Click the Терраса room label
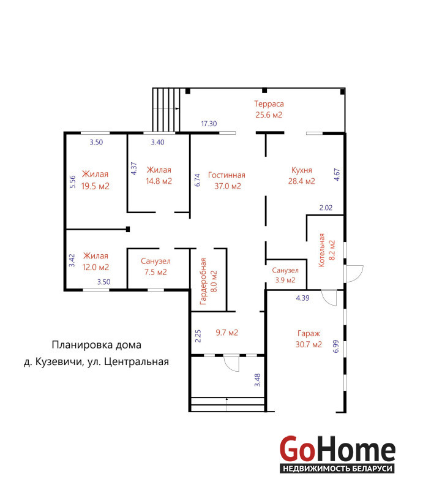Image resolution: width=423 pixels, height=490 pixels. click(269, 104)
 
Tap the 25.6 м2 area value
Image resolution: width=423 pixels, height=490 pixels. click(269, 115)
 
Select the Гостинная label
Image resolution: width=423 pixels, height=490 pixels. click(226, 175)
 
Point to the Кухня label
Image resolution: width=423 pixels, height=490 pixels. click(301, 170)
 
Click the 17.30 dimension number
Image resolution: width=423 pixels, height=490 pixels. click(209, 124)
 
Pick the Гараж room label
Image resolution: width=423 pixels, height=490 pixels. click(309, 333)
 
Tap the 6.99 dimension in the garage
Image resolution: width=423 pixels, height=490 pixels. click(336, 346)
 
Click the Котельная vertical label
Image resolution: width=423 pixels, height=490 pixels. click(321, 250)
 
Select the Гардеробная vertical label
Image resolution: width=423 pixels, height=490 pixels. click(203, 281)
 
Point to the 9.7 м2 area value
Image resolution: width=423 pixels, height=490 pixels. click(227, 333)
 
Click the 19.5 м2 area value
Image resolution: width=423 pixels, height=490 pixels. click(95, 186)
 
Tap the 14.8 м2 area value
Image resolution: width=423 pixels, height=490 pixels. click(159, 181)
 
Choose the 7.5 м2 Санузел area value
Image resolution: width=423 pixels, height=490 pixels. click(155, 272)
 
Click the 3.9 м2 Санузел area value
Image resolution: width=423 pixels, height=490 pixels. click(285, 280)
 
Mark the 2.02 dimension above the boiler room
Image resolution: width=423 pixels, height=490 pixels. click(326, 208)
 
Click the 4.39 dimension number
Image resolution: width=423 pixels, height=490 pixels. click(303, 298)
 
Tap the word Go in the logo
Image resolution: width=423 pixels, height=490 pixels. click(297, 449)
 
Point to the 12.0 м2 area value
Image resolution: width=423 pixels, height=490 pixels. click(95, 267)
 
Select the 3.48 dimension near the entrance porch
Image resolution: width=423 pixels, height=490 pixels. click(258, 380)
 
